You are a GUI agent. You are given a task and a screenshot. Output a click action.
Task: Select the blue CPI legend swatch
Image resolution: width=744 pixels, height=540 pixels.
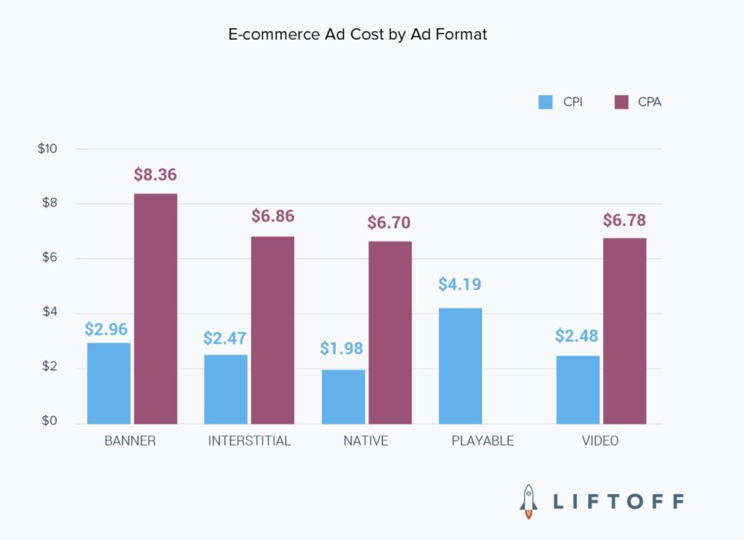(546, 102)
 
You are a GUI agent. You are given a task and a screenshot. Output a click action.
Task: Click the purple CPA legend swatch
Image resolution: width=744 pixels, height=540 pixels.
(621, 102)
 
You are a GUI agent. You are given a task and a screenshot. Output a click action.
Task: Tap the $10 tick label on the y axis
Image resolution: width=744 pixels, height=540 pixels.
(47, 149)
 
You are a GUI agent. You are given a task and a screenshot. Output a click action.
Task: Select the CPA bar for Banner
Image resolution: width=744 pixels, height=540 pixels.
(155, 308)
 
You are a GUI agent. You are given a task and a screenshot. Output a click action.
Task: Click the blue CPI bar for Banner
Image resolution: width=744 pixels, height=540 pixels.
(109, 383)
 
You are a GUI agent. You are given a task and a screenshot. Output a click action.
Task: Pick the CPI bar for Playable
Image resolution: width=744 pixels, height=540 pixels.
(460, 366)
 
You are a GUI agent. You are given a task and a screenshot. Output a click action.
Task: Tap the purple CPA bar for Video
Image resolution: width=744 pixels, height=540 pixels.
(624, 331)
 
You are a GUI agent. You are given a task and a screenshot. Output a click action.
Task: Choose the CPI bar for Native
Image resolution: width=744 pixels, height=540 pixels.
(343, 396)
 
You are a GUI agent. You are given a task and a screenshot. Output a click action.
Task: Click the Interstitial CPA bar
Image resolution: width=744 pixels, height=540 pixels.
(272, 330)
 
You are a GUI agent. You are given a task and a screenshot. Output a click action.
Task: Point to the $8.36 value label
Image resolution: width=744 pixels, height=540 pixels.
(155, 175)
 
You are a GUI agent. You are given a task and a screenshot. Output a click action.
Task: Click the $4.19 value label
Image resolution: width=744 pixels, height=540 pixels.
(460, 284)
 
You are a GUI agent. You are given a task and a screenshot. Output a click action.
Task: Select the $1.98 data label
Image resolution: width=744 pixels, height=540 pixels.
(341, 348)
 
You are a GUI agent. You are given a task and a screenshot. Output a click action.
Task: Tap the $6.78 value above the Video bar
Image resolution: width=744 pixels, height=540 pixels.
(624, 220)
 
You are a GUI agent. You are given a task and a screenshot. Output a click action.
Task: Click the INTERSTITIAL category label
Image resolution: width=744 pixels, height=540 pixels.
(249, 441)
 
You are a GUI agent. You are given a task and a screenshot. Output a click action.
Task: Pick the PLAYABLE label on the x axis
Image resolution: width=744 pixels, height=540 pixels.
(482, 441)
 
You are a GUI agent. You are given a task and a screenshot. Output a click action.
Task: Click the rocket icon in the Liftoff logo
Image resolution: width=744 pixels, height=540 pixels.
(529, 501)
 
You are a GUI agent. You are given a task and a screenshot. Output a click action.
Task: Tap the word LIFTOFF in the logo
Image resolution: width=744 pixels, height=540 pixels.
(618, 502)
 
